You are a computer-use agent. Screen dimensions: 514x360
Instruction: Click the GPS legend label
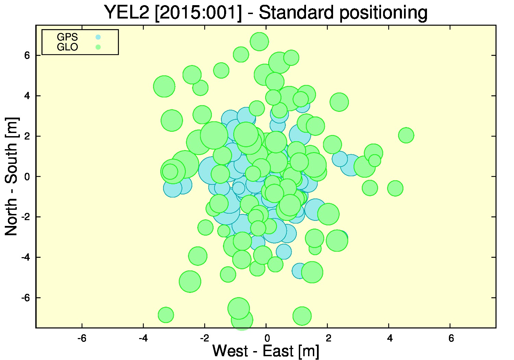(67, 37)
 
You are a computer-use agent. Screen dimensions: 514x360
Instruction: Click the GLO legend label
(67, 47)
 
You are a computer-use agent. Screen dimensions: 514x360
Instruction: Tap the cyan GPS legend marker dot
(98, 37)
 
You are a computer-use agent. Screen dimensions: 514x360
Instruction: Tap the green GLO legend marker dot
(98, 47)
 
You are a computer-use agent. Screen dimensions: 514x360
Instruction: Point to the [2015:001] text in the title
(198, 13)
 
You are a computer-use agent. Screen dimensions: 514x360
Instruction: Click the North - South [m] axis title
(11, 176)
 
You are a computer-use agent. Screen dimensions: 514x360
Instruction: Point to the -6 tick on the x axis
(82, 338)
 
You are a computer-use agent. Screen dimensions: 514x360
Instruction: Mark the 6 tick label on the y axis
(27, 55)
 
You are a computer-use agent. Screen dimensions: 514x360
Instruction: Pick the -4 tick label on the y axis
(25, 257)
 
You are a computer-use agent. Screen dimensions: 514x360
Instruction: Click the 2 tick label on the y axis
(27, 136)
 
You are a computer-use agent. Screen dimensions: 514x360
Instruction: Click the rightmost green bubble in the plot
(406, 135)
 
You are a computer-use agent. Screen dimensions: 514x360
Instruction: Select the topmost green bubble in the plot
(259, 41)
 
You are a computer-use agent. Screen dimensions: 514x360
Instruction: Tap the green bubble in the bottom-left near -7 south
(166, 315)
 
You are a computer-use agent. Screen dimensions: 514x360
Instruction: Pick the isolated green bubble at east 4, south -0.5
(395, 188)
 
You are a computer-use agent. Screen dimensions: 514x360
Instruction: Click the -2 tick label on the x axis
(205, 338)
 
